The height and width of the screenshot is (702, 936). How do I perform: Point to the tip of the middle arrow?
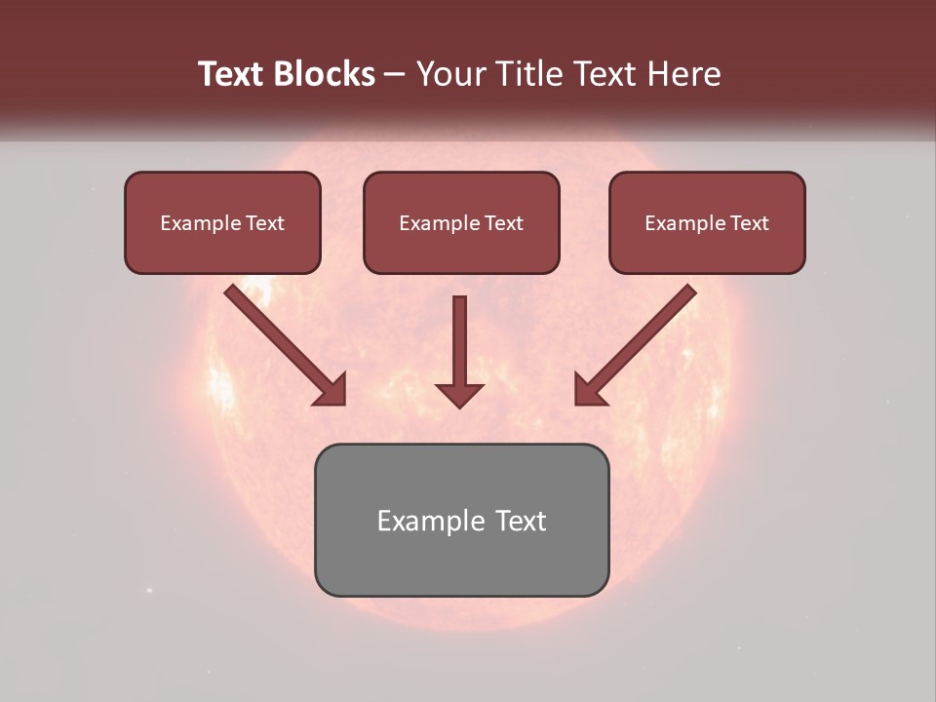coord(459,405)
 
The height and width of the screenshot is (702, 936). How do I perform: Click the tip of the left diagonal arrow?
coord(342,401)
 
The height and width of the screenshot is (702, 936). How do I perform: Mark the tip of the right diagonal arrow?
coord(578,401)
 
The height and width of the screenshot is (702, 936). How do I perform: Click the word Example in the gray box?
coord(425,522)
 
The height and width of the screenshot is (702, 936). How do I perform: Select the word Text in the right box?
coord(749,223)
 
